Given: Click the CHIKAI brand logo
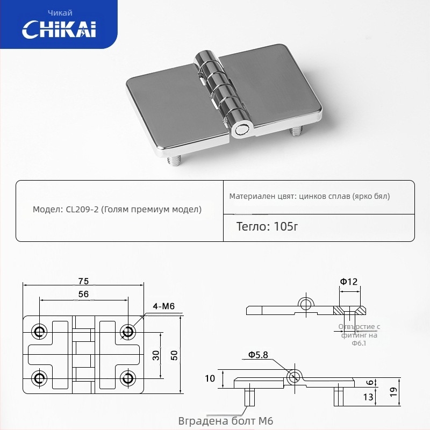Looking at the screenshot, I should [x=59, y=29].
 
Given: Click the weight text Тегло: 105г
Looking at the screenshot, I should [x=267, y=226].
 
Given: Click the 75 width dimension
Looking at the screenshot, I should [x=83, y=281].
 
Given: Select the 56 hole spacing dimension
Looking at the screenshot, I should [x=83, y=294].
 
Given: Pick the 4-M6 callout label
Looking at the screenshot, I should [x=164, y=307].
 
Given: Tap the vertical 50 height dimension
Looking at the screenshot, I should [x=174, y=355].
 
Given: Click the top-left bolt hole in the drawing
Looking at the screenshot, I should [x=39, y=332].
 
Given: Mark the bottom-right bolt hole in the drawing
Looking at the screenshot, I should [x=127, y=377].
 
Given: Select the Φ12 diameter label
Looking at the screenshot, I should [x=348, y=281].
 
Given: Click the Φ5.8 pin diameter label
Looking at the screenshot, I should [x=257, y=355].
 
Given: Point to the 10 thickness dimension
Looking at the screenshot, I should [x=210, y=378].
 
